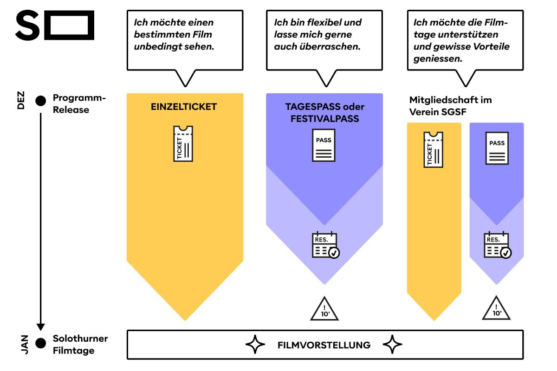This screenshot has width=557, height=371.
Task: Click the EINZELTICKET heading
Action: click(x=184, y=107)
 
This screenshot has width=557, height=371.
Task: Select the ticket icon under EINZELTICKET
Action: click(x=183, y=144)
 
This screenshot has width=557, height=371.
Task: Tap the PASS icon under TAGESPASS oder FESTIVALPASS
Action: click(x=324, y=146)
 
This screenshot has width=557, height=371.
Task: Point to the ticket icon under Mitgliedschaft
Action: click(x=433, y=149)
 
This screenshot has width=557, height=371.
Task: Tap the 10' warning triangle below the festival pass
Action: click(x=324, y=309)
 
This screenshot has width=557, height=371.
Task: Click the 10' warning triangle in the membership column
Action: click(x=496, y=308)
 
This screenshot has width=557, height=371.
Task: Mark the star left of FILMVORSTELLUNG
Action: click(x=255, y=345)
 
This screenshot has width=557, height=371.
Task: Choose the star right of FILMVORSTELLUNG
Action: click(x=392, y=345)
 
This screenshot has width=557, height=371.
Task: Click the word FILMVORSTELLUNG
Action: click(x=324, y=345)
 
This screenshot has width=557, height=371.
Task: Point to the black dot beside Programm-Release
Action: click(x=41, y=100)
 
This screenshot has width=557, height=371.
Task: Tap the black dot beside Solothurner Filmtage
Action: click(x=41, y=343)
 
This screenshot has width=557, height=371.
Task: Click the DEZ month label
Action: click(x=21, y=100)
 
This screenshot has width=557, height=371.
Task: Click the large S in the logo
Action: click(x=27, y=26)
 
